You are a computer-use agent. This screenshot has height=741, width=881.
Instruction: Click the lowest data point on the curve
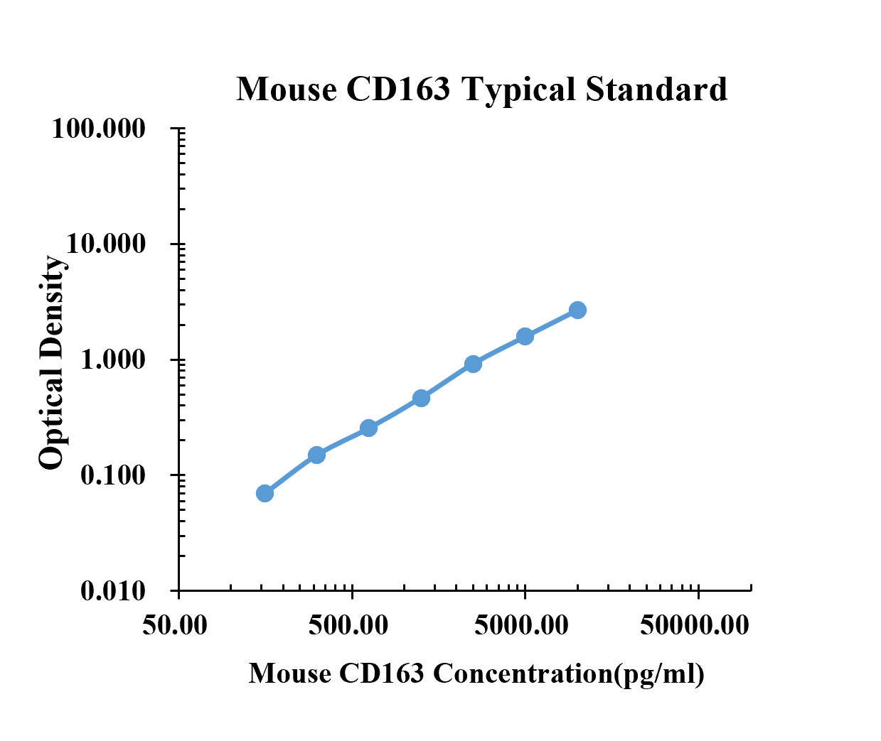265,493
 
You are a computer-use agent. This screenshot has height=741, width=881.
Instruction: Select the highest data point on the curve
577,310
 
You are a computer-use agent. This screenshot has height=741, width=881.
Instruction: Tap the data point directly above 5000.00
525,336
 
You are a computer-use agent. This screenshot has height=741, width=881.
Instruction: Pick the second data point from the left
317,455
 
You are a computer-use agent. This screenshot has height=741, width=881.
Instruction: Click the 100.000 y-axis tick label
99,128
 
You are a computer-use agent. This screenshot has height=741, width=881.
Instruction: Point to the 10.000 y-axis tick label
106,244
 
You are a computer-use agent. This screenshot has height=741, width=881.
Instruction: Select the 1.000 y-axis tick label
112,359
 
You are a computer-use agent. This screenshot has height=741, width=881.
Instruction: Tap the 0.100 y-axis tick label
112,475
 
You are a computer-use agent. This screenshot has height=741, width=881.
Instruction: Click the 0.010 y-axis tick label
112,591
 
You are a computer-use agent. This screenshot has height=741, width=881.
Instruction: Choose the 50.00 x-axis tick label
175,624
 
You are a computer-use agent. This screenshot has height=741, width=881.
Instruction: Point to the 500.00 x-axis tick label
348,624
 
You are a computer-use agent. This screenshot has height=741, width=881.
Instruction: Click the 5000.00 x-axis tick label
521,624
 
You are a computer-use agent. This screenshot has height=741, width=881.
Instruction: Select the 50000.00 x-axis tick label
695,624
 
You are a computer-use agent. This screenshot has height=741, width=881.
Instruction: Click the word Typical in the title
518,90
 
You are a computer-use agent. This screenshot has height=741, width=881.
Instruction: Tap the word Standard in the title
656,90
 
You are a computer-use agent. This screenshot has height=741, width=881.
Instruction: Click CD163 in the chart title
398,90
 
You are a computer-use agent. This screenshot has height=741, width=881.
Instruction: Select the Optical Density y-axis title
51,362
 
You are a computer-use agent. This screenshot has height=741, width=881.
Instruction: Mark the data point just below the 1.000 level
473,364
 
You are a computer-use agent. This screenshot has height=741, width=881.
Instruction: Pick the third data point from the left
368,428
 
